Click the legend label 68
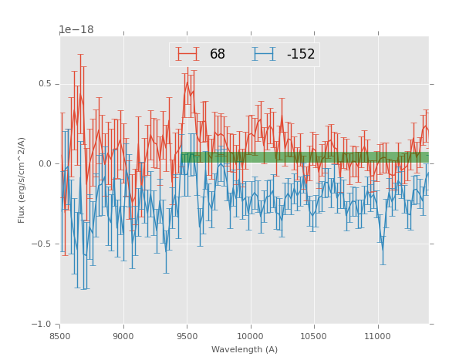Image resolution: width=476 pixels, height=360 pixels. pyautogui.click(x=218, y=54)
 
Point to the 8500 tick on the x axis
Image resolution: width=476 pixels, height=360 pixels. pyautogui.click(x=60, y=336)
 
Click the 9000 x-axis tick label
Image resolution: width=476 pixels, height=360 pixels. pyautogui.click(x=123, y=336)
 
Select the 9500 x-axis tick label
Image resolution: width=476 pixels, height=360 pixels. pyautogui.click(x=187, y=336)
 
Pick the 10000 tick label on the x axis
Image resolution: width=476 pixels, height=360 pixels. pyautogui.click(x=250, y=336)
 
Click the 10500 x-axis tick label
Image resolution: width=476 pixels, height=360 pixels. pyautogui.click(x=314, y=336)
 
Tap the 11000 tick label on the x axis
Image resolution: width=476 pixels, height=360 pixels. pyautogui.click(x=377, y=336)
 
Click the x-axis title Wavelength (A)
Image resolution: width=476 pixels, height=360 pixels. pyautogui.click(x=245, y=350)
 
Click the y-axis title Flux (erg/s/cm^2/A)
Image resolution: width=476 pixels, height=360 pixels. pyautogui.click(x=22, y=180)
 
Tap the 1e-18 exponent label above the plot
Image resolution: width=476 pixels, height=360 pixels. pyautogui.click(x=76, y=30)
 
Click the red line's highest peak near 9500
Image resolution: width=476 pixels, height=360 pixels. pyautogui.click(x=187, y=83)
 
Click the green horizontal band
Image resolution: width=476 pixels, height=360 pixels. pyautogui.click(x=309, y=157)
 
